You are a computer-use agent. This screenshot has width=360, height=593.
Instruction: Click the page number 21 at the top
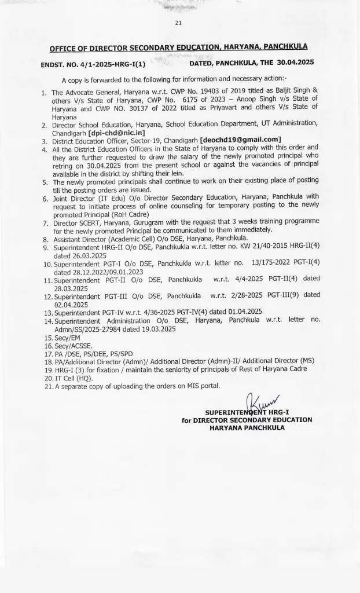tap(178, 23)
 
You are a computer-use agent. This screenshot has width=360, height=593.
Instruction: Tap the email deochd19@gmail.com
tap(240, 140)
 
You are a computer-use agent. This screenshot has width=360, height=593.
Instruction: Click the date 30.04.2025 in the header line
tap(294, 63)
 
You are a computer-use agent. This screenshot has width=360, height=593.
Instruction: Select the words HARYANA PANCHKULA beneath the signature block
tap(247, 427)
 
